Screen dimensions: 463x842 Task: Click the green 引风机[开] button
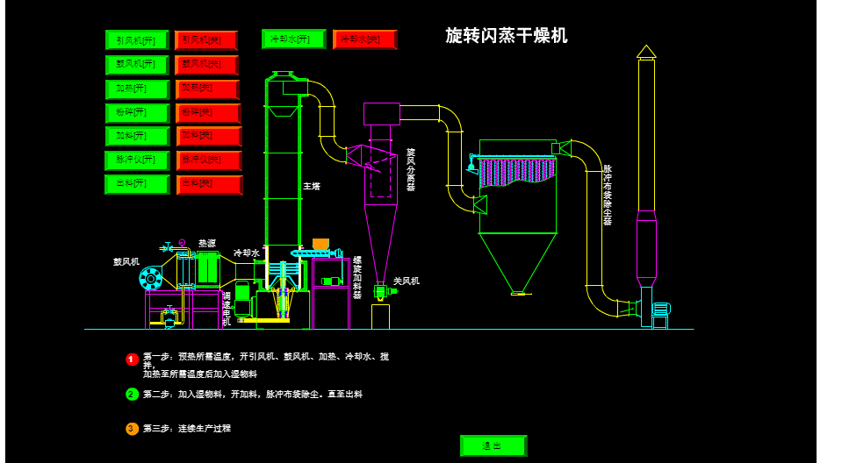[x=136, y=40]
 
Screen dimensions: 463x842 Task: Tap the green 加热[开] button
[x=136, y=89]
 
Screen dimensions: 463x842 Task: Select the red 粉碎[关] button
[x=208, y=113]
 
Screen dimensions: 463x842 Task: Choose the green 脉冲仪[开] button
[x=136, y=160]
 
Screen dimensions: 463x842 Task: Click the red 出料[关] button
[x=208, y=184]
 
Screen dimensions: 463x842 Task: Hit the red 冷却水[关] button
[x=364, y=39]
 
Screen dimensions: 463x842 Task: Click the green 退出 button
[x=493, y=445]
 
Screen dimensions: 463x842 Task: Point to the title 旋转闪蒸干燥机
[x=506, y=35]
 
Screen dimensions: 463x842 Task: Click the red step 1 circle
[x=132, y=360]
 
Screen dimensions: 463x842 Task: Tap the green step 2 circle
[x=132, y=395]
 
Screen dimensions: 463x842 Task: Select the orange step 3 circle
[x=132, y=429]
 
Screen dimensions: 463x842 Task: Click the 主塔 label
[x=312, y=187]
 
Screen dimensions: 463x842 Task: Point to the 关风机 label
[x=406, y=281]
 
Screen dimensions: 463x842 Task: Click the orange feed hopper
[x=320, y=245]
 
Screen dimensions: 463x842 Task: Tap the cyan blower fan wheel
[x=151, y=279]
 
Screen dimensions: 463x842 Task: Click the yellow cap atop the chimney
[x=646, y=52]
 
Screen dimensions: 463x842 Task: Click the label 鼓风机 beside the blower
[x=126, y=261]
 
